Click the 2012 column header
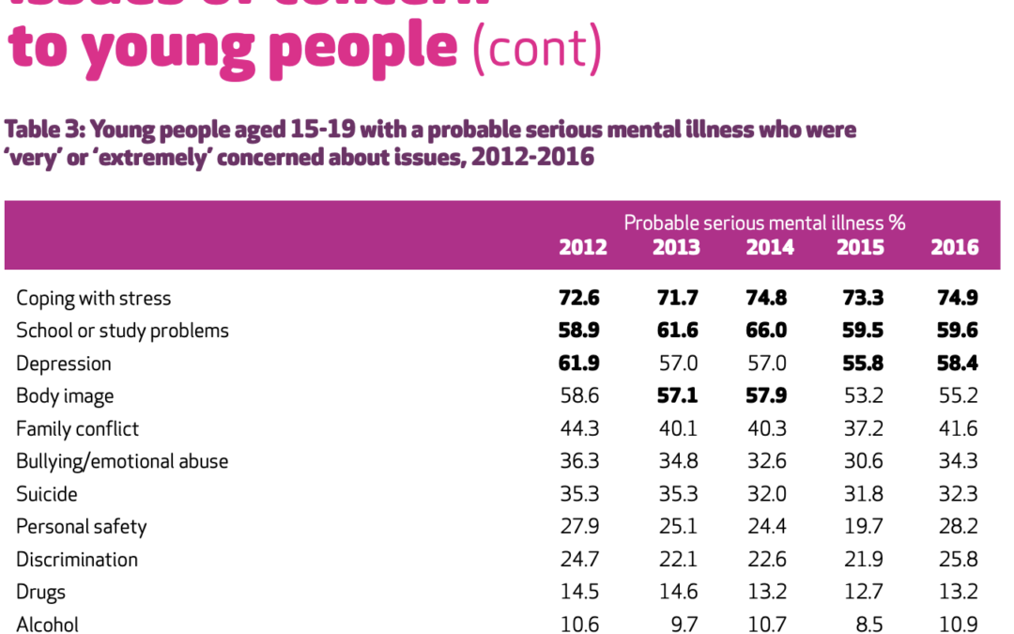583,247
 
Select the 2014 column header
770,247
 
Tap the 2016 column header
955,247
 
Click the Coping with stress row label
94,299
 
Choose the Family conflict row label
78,429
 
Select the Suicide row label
47,494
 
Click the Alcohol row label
48,625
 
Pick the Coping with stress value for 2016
957,299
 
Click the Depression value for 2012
578,363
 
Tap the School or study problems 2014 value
767,331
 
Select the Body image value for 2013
675,396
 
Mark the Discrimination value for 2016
958,560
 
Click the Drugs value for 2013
676,592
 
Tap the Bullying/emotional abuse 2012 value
579,461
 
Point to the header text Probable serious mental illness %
764,223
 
